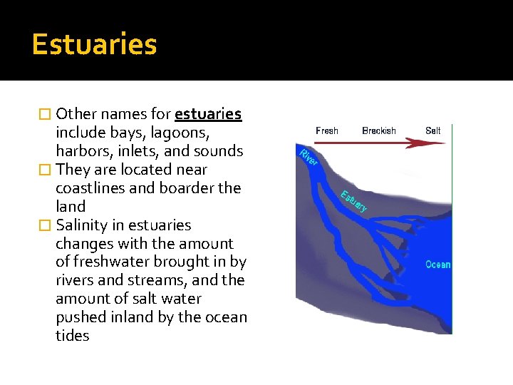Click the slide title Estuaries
pyautogui.click(x=94, y=44)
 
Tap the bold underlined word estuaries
pyautogui.click(x=208, y=114)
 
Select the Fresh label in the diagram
pyautogui.click(x=327, y=130)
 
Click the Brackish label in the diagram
pyautogui.click(x=379, y=130)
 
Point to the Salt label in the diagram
pyautogui.click(x=433, y=130)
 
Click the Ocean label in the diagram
pyautogui.click(x=437, y=265)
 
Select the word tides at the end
pyautogui.click(x=72, y=336)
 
